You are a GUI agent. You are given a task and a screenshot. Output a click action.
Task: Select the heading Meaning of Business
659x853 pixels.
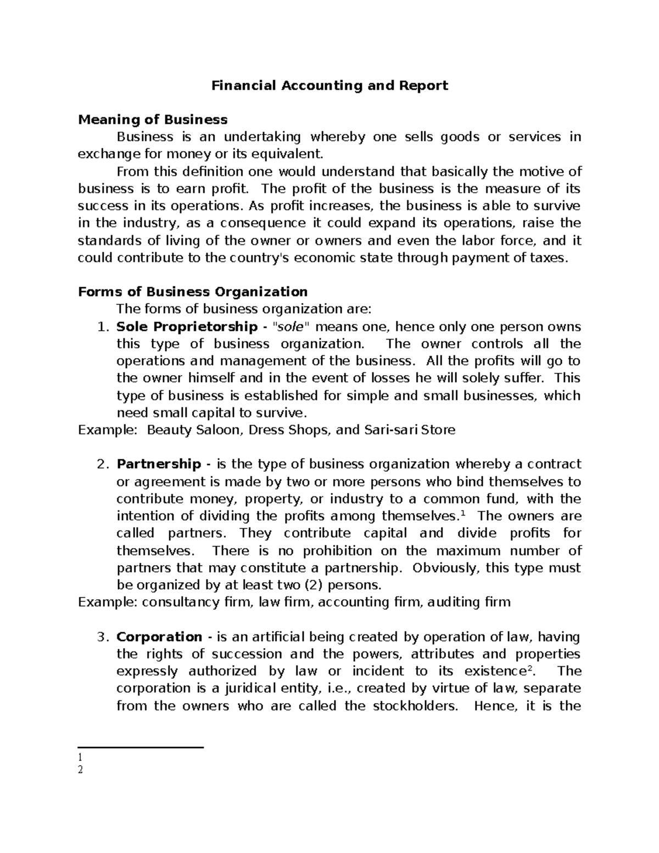pyautogui.click(x=153, y=120)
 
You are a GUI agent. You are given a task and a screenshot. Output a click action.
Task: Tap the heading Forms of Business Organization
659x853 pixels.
pyautogui.click(x=193, y=292)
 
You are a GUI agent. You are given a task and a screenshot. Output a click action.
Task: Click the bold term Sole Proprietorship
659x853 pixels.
pyautogui.click(x=187, y=327)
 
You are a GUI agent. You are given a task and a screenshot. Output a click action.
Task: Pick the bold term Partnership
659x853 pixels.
pyautogui.click(x=159, y=464)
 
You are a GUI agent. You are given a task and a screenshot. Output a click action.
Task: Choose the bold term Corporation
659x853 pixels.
pyautogui.click(x=159, y=637)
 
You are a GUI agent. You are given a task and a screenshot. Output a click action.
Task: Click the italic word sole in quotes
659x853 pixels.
pyautogui.click(x=288, y=327)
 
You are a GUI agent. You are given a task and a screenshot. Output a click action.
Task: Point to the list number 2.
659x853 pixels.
pyautogui.click(x=100, y=464)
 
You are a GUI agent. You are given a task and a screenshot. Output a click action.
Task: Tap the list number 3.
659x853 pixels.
pyautogui.click(x=100, y=637)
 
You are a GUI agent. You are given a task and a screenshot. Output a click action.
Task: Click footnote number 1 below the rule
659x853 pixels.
pyautogui.click(x=80, y=758)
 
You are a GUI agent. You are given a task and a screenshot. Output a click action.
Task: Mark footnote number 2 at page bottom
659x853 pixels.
pyautogui.click(x=81, y=770)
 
